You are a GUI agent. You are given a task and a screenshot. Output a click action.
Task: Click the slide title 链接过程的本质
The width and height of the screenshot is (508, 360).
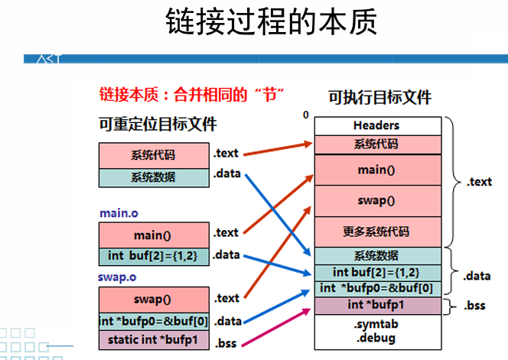coord(272,24)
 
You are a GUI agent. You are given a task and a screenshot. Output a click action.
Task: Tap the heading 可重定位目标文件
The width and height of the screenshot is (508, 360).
coord(158,124)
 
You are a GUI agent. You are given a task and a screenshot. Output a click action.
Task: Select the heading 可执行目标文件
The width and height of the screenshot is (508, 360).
coord(379,97)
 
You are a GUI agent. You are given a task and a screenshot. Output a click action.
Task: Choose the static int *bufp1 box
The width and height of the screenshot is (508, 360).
coord(153,340)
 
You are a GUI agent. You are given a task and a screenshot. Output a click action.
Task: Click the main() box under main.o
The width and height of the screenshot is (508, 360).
coord(153,235)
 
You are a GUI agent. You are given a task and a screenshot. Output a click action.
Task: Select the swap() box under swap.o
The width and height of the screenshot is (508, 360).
coord(153,300)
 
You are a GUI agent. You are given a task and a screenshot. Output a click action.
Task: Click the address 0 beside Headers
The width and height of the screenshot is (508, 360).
coord(305,115)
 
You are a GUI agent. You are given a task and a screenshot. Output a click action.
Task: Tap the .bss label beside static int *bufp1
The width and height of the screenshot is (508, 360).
coord(226,343)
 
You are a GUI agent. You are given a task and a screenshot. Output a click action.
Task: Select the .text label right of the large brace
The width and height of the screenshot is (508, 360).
coord(479,182)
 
